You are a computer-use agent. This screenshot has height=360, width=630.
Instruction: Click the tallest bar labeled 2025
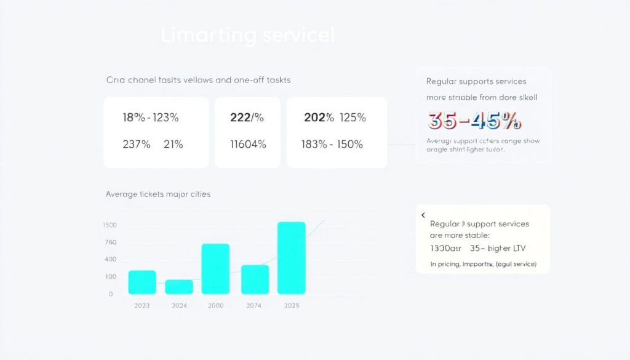click(x=292, y=258)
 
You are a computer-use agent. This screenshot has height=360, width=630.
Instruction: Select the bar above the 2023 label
click(x=142, y=282)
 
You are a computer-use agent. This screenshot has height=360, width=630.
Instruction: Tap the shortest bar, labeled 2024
click(x=179, y=287)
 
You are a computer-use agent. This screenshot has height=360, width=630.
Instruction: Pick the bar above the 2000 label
click(x=215, y=269)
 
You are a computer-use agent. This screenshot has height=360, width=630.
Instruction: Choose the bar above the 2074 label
click(x=255, y=279)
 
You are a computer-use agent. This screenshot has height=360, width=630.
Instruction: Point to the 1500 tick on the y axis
click(x=110, y=225)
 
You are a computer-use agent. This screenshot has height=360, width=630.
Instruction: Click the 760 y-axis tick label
click(x=110, y=242)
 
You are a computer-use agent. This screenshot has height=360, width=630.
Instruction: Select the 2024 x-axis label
click(x=179, y=306)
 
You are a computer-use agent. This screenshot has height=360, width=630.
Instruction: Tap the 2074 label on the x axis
click(x=255, y=306)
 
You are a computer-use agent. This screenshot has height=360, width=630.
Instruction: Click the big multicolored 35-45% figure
click(x=474, y=121)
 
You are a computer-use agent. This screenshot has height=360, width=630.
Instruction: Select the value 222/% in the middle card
click(x=247, y=118)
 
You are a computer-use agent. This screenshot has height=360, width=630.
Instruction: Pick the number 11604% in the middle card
click(x=248, y=145)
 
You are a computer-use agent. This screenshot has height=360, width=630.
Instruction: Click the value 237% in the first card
click(x=137, y=145)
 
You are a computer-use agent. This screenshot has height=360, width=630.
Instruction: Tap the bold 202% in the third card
click(x=319, y=118)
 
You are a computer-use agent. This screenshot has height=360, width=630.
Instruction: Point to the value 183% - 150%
click(x=332, y=145)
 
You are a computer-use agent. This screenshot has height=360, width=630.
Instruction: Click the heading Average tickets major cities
click(x=158, y=194)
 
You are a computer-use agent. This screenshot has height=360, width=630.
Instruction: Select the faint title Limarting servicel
click(x=247, y=35)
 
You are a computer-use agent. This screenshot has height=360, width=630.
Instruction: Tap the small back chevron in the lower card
click(x=423, y=215)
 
